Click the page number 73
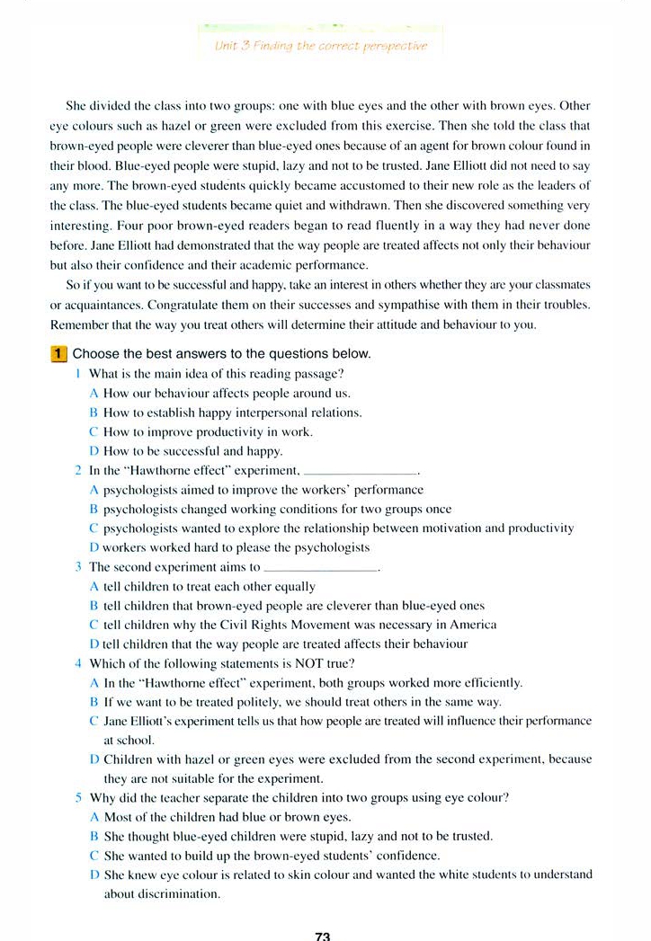(324, 935)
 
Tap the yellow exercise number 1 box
(59, 354)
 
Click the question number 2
(78, 470)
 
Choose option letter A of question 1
(94, 393)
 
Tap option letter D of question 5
(94, 874)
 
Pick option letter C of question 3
(94, 624)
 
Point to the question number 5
(78, 797)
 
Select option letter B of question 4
(94, 702)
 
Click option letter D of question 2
(94, 546)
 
